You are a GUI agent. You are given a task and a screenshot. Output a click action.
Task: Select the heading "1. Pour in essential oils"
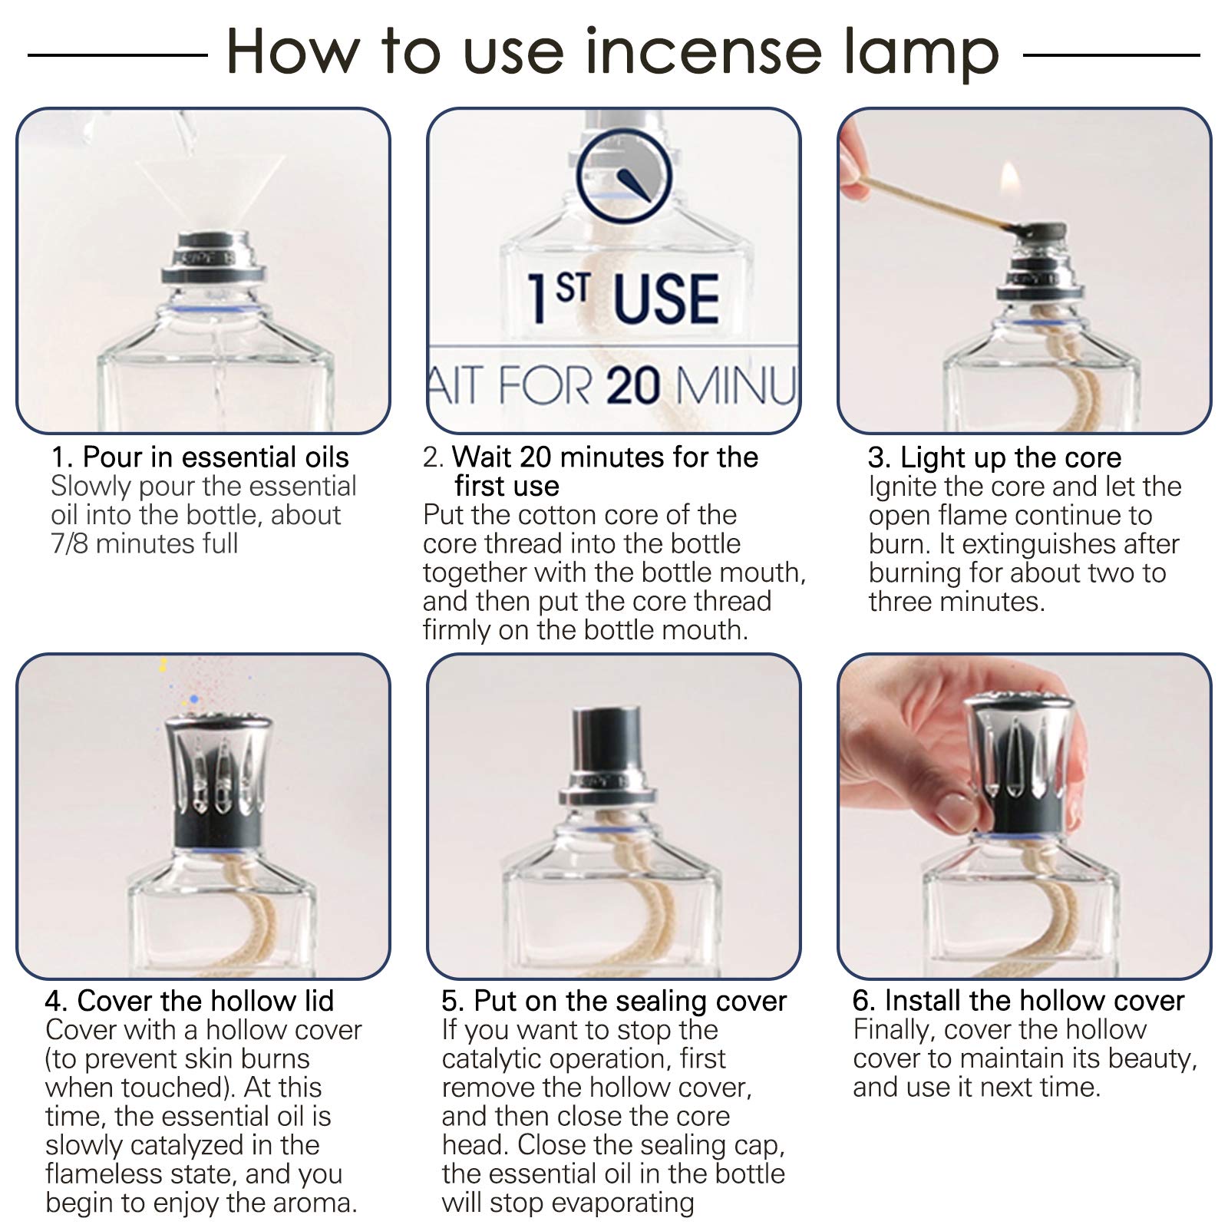[200, 457]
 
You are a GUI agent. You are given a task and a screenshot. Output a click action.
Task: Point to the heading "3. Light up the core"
[995, 458]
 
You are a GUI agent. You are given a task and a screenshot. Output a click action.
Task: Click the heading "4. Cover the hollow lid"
[190, 1001]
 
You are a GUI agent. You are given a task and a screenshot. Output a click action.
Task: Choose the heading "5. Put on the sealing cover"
[614, 1002]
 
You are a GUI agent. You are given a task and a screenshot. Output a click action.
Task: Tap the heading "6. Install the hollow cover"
[1018, 1001]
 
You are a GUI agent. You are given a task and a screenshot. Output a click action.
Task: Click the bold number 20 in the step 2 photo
[633, 385]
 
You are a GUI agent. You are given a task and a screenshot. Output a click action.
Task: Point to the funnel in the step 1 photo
[208, 192]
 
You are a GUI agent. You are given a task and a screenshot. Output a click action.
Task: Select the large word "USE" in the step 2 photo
[666, 299]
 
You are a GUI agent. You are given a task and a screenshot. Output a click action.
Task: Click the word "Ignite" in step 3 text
[903, 487]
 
